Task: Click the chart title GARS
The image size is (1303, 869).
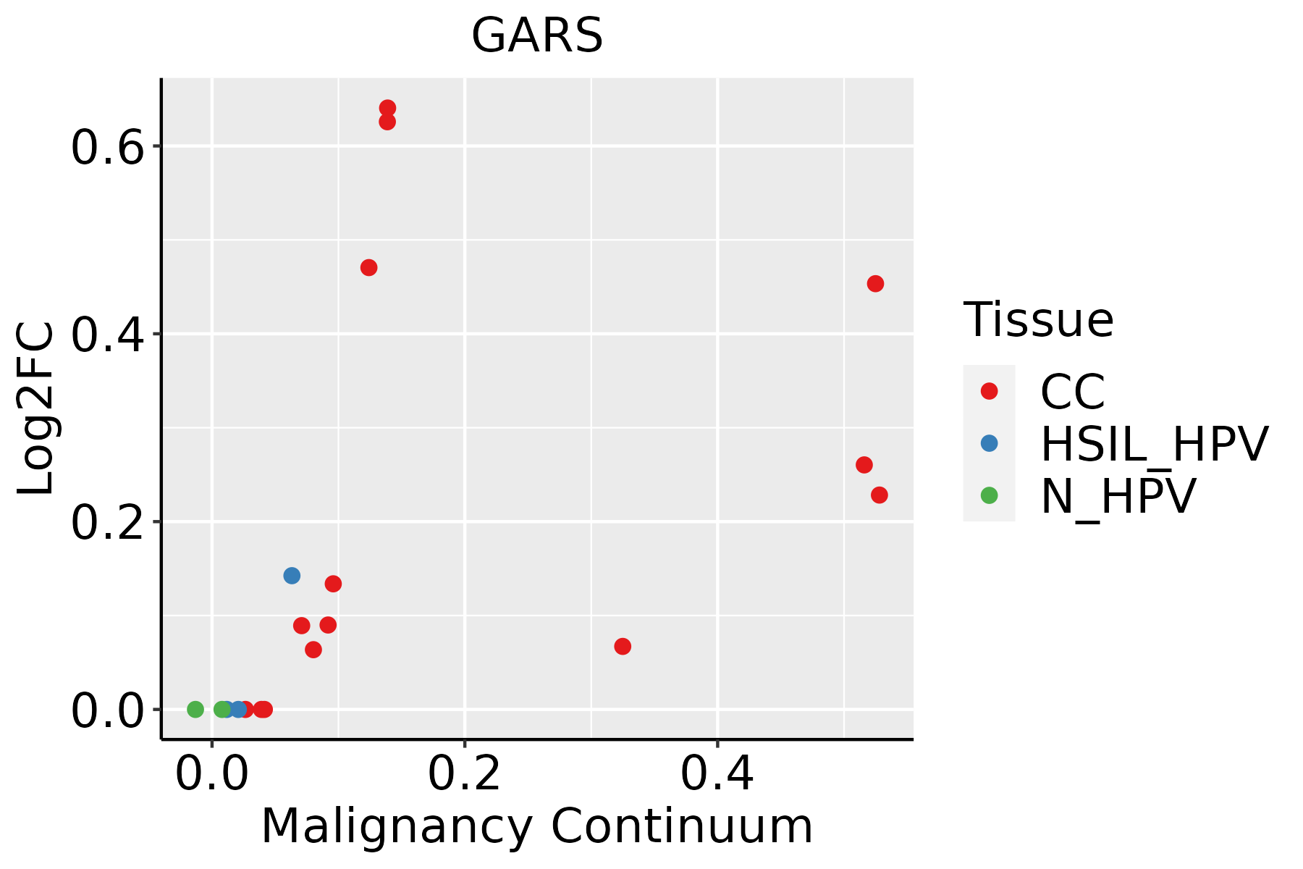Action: click(x=536, y=35)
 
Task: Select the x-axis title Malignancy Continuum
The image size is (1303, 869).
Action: click(x=536, y=826)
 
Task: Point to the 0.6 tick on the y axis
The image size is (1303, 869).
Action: click(x=106, y=147)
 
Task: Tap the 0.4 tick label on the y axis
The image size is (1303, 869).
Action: click(x=106, y=335)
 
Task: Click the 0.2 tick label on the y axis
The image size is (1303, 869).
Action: click(x=106, y=522)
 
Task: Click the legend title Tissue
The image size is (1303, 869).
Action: click(x=1038, y=320)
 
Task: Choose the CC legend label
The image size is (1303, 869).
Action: click(x=1072, y=392)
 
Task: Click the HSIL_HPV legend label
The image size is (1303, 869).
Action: click(x=1154, y=444)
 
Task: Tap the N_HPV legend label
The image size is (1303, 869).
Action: click(x=1118, y=496)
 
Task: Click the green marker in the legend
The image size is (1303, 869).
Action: click(x=989, y=495)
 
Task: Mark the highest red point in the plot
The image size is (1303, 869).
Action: click(x=387, y=108)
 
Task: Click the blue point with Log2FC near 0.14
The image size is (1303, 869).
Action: click(x=292, y=576)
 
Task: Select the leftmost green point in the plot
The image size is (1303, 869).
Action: click(x=195, y=709)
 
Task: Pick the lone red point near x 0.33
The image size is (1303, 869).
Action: click(x=623, y=646)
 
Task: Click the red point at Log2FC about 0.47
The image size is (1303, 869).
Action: click(x=368, y=268)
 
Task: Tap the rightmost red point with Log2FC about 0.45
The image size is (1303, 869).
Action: click(x=875, y=284)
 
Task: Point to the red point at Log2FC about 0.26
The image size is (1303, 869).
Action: click(x=864, y=465)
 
